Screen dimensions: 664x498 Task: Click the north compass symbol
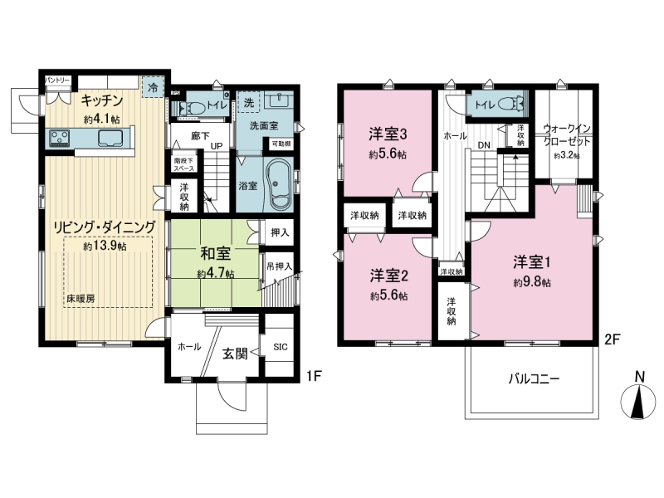[637, 400]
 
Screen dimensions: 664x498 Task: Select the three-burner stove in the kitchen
[59, 138]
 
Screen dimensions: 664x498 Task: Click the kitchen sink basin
[110, 138]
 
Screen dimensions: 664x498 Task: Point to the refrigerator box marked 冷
[153, 88]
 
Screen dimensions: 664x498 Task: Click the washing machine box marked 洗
[249, 102]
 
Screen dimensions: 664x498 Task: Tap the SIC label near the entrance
[281, 347]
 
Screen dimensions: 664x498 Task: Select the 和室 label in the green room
[216, 254]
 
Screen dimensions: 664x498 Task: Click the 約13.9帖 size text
[105, 246]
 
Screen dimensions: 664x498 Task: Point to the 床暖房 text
[81, 298]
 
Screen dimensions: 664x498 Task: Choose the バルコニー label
[534, 378]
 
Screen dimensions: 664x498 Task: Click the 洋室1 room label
[532, 262]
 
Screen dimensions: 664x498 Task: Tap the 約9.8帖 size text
[532, 282]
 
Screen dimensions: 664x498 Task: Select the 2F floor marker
[612, 339]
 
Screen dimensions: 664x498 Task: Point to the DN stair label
[484, 144]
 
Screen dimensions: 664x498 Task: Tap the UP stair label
[217, 146]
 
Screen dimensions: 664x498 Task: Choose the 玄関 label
[235, 354]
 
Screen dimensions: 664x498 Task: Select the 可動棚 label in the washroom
[281, 144]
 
